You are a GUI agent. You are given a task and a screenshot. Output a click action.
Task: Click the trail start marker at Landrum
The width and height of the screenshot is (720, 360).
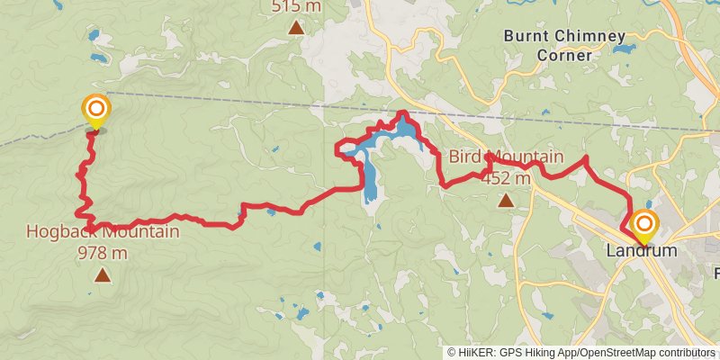(644, 224)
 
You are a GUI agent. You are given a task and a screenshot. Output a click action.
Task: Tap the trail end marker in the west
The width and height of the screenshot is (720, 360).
(95, 112)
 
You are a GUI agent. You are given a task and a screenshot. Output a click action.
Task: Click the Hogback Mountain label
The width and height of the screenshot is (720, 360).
(102, 232)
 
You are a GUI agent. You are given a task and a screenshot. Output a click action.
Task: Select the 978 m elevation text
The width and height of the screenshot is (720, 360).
(103, 253)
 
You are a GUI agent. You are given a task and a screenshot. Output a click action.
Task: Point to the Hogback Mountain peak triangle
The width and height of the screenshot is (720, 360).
(103, 274)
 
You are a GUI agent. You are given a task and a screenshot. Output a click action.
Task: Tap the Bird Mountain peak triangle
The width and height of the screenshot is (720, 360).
(506, 200)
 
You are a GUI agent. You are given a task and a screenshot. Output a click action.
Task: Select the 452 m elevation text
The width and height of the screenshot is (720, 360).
(506, 178)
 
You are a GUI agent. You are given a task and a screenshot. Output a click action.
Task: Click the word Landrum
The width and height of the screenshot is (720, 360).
(642, 251)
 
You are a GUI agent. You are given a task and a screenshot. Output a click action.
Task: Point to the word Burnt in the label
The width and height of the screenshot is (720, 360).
(526, 37)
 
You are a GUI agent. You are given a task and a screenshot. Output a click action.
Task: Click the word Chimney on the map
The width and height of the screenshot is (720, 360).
(589, 37)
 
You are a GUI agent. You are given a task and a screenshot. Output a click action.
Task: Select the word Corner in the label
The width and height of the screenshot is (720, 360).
(564, 55)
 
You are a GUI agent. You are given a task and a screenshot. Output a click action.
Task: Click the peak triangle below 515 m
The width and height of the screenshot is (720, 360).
(295, 27)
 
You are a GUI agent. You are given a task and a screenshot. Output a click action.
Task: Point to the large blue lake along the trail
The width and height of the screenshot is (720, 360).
(405, 135)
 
